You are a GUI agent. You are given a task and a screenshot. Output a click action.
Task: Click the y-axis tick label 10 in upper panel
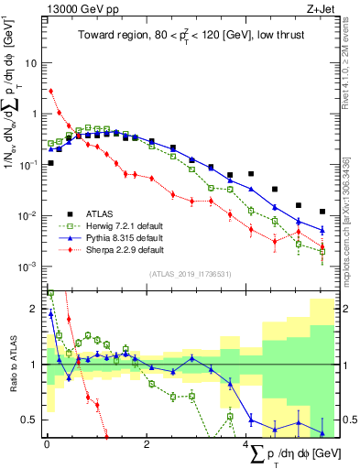(x=31, y=63)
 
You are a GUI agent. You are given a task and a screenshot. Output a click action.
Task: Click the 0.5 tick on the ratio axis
(x=31, y=420)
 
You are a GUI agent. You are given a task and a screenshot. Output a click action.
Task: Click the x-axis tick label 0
(x=46, y=443)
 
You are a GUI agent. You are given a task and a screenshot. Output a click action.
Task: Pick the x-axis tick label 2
(x=147, y=443)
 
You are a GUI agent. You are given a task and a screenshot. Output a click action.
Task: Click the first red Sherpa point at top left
(x=50, y=92)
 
